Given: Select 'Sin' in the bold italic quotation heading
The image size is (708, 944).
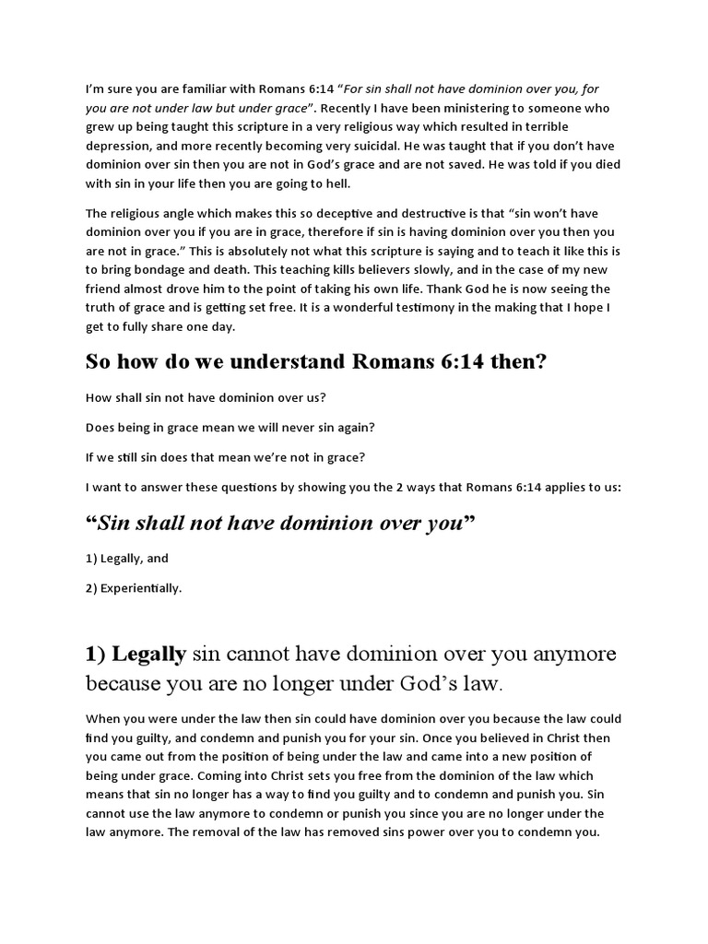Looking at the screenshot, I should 113,523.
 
